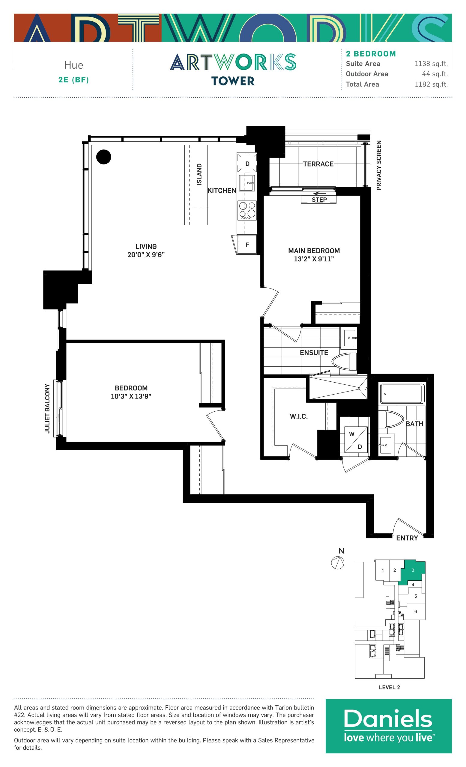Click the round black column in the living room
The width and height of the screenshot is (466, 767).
(x=103, y=157)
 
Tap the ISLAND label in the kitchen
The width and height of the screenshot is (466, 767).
(x=199, y=174)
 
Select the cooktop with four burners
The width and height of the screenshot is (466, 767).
(x=247, y=210)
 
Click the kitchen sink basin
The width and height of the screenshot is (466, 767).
(x=247, y=183)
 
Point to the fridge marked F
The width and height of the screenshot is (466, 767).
(x=247, y=245)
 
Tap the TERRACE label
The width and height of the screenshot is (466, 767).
(x=318, y=164)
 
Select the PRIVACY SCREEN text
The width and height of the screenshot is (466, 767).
(x=378, y=165)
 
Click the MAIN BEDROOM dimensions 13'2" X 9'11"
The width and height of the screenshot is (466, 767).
(x=314, y=259)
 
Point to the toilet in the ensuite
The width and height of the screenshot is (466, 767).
(x=344, y=361)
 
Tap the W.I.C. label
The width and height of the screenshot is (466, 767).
(x=299, y=416)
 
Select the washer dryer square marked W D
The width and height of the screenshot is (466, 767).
(x=356, y=440)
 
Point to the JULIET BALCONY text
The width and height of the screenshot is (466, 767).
(x=47, y=408)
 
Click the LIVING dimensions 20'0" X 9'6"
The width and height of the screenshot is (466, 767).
(x=146, y=255)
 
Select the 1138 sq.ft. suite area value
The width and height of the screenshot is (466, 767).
(x=431, y=64)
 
